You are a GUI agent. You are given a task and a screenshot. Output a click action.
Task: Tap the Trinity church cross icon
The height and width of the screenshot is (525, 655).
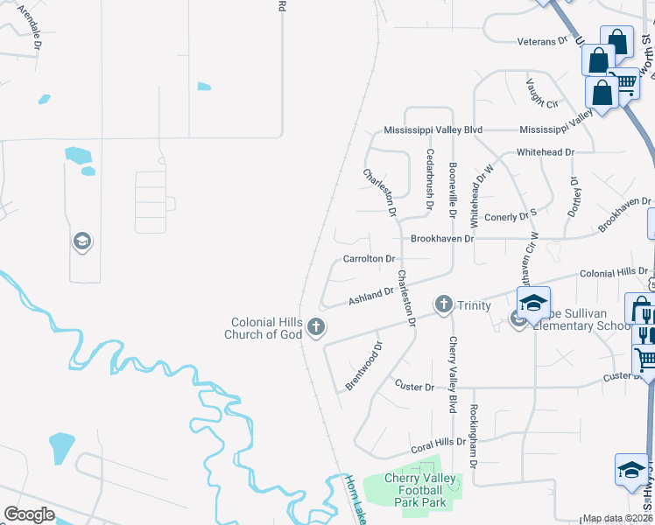(x=444, y=304)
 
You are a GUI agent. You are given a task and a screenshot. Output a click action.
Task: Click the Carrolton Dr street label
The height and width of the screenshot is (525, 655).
(x=370, y=259)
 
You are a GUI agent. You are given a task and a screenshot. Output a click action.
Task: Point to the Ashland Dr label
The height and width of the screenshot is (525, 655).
(x=371, y=296)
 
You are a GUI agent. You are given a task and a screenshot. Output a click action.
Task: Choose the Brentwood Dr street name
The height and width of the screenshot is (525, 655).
(x=364, y=367)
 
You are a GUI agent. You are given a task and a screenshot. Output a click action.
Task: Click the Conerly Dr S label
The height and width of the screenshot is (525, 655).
(x=510, y=214)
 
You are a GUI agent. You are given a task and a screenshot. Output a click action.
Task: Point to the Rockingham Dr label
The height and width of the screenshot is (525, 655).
(x=473, y=436)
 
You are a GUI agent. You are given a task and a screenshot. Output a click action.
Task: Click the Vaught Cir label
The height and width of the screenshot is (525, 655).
(x=541, y=94)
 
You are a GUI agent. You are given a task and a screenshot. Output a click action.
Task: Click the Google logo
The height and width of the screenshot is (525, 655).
(x=29, y=514)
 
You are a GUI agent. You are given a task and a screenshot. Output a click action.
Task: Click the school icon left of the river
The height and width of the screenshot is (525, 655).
(x=81, y=241)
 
